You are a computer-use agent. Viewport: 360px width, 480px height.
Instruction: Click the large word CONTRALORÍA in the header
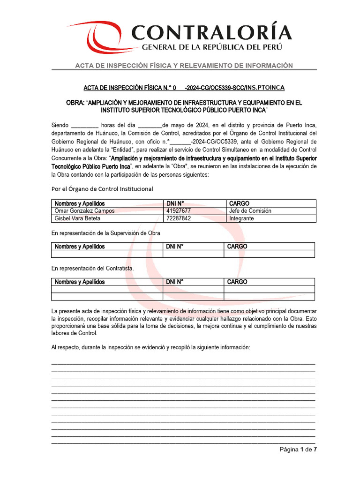click(211, 32)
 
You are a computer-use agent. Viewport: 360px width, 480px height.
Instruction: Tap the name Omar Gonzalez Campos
click(84, 211)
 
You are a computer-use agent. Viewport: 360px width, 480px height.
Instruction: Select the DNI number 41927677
click(179, 211)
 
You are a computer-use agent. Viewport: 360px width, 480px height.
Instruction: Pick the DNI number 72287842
click(179, 218)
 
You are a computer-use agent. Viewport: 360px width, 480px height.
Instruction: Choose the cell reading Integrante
click(241, 218)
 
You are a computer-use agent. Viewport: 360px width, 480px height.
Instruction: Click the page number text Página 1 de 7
click(298, 450)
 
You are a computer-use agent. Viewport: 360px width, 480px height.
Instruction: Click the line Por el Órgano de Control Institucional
click(102, 189)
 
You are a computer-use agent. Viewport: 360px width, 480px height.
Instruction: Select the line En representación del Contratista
click(92, 269)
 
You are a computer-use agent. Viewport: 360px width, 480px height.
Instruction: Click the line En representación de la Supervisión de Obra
click(105, 233)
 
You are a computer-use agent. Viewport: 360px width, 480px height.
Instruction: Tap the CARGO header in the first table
click(239, 203)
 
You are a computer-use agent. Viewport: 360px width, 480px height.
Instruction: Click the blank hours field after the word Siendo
click(85, 125)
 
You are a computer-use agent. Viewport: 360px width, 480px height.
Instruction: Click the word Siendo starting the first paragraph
click(60, 125)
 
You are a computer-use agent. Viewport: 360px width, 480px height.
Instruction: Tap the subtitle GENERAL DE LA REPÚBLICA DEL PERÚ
click(212, 47)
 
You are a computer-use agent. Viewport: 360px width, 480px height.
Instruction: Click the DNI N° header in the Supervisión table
click(175, 247)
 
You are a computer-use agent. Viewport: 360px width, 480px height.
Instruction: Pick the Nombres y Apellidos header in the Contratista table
click(79, 282)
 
